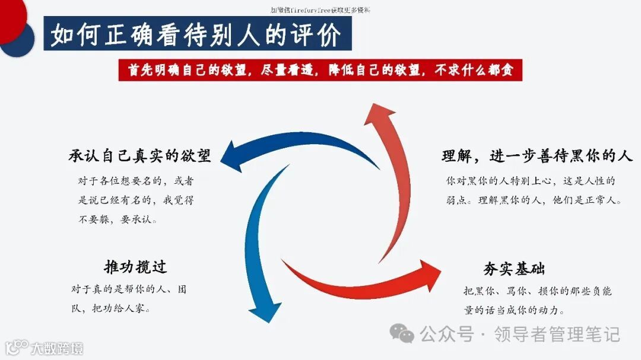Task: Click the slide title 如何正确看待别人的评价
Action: point(196,36)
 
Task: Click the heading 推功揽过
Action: point(135,267)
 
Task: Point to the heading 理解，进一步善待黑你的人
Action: point(537,157)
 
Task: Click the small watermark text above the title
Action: point(320,10)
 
